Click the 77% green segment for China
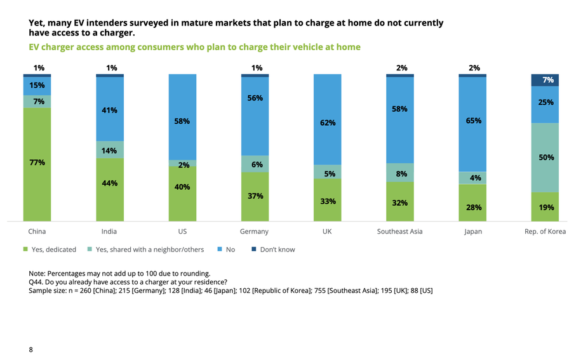[x=37, y=163]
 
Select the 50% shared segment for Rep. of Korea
[x=545, y=157]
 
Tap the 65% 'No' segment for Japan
[x=472, y=121]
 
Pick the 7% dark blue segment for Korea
[x=545, y=80]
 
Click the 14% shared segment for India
[x=110, y=150]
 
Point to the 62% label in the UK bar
[x=328, y=123]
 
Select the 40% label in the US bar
[x=182, y=187]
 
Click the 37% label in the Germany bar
[x=255, y=196]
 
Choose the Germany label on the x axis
[x=254, y=232]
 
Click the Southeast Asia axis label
[x=399, y=232]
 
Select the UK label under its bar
[x=327, y=232]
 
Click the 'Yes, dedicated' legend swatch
[x=25, y=250]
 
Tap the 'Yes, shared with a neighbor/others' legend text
[x=149, y=250]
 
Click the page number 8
[x=30, y=349]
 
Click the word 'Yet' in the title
[x=37, y=23]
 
